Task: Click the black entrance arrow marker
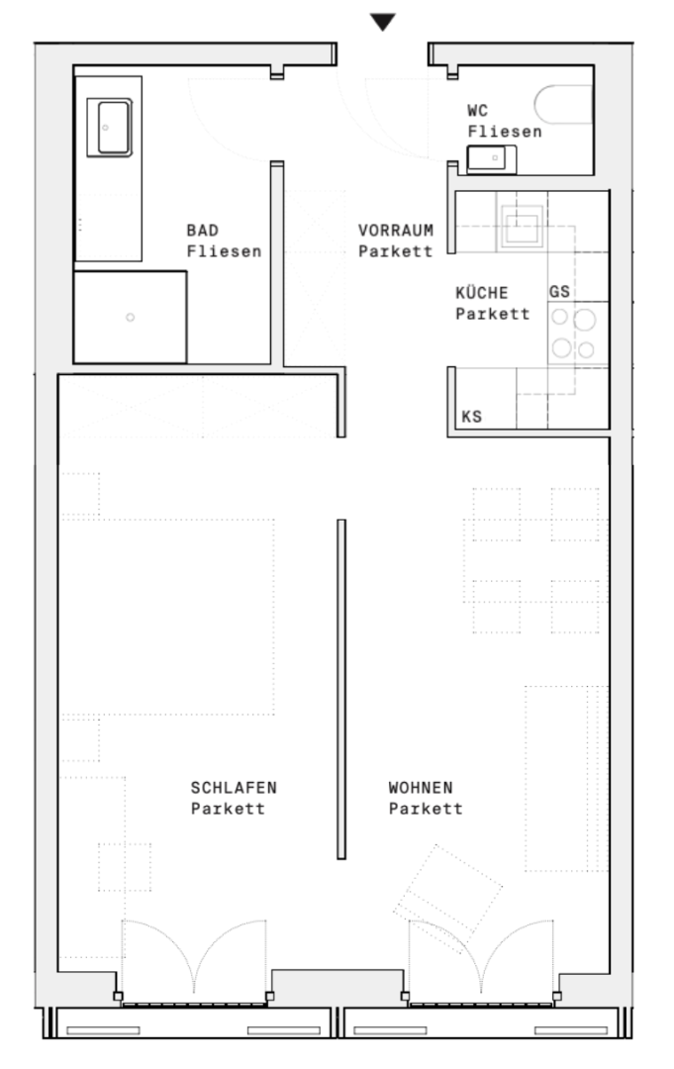click(x=382, y=22)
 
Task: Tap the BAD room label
click(x=203, y=231)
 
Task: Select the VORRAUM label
click(x=396, y=231)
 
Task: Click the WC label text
click(x=478, y=111)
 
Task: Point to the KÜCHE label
click(x=482, y=292)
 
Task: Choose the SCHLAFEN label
click(x=234, y=788)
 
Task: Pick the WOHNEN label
click(x=421, y=788)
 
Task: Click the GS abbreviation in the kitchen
click(x=559, y=292)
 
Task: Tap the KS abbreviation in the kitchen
click(x=471, y=417)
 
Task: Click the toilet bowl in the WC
click(x=563, y=104)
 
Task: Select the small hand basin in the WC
click(x=491, y=158)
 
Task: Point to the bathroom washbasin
click(x=109, y=128)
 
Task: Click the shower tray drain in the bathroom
click(x=131, y=317)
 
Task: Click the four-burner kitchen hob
click(x=574, y=335)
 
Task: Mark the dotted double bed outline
click(x=167, y=617)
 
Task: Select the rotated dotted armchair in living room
click(x=447, y=889)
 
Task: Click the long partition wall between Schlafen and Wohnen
click(x=341, y=689)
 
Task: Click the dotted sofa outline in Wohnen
click(x=566, y=779)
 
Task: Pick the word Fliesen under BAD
click(x=225, y=251)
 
